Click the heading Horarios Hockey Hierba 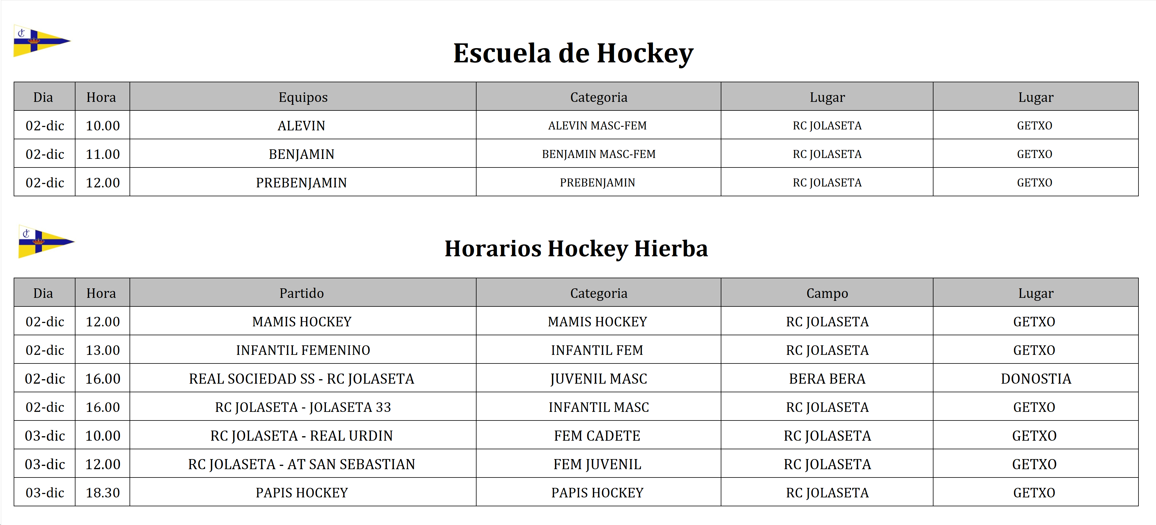[576, 249]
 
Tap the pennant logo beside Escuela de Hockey [41, 41]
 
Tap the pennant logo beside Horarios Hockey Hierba [46, 241]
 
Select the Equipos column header [303, 97]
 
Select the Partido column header [302, 293]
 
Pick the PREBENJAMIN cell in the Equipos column [302, 183]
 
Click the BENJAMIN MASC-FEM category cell [598, 154]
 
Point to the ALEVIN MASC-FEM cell [597, 126]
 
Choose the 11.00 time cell [103, 154]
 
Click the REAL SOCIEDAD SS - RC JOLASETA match [302, 379]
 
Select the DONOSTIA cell [1036, 379]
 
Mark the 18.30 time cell [103, 493]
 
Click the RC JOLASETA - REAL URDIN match [302, 436]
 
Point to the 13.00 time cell [103, 350]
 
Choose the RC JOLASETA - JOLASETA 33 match [303, 407]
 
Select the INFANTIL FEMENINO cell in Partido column [303, 350]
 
